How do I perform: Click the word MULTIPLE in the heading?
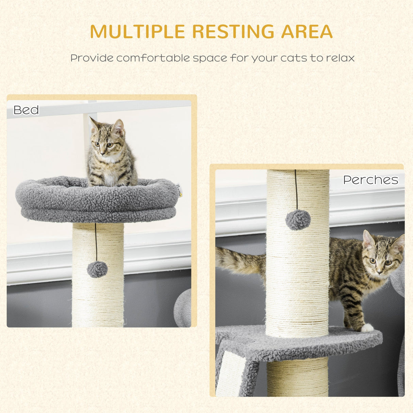(137, 32)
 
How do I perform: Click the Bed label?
(26, 110)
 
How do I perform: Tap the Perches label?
(370, 180)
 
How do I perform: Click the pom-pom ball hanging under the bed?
(97, 269)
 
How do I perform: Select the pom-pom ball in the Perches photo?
(298, 220)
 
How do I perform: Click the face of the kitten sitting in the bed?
(104, 145)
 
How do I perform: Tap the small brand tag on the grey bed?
(180, 191)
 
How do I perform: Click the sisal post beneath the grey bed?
(98, 299)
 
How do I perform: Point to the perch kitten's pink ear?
(368, 239)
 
